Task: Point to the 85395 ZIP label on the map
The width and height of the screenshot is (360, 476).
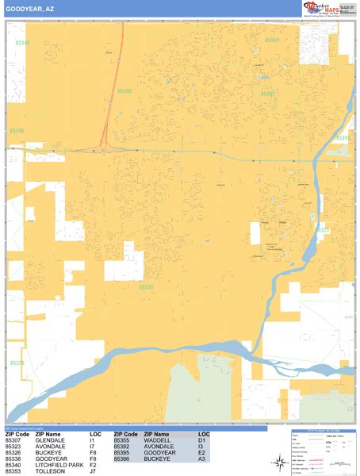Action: click(x=124, y=91)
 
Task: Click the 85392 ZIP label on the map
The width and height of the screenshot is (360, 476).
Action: click(x=267, y=94)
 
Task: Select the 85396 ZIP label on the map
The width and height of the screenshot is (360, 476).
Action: click(x=16, y=130)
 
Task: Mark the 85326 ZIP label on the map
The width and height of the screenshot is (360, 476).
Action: click(x=17, y=363)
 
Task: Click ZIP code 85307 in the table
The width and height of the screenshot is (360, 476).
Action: click(x=16, y=440)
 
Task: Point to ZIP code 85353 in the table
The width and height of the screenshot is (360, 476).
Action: click(x=16, y=471)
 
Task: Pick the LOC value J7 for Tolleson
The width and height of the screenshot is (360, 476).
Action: click(x=93, y=471)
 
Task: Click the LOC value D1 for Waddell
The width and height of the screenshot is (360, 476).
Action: click(x=201, y=440)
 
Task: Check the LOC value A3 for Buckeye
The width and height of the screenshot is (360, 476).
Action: click(x=201, y=459)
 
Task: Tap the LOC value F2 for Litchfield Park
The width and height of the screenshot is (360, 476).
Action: click(x=93, y=465)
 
